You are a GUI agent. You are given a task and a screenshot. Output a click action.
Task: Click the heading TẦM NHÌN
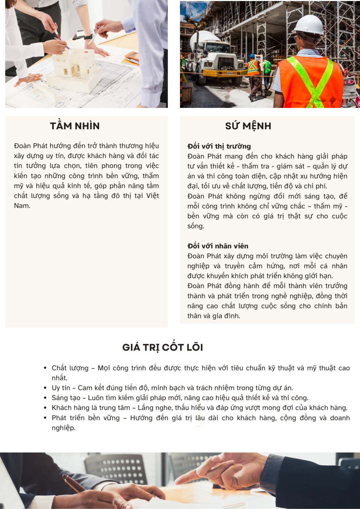tap(75, 126)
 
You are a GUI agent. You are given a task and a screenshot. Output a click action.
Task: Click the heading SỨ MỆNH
tap(248, 126)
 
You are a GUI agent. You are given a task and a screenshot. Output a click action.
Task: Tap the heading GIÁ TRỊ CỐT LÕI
tap(163, 347)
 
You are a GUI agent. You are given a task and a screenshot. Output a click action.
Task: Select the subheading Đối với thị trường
tap(219, 146)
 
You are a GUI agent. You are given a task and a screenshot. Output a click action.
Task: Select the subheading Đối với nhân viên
tap(217, 246)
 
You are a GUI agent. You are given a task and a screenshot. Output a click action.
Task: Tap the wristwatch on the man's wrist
tap(88, 36)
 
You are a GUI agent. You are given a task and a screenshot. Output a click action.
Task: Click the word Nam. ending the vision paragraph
tap(22, 206)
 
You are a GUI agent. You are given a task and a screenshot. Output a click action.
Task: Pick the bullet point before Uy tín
tap(45, 388)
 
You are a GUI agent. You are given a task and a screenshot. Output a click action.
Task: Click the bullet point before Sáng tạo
tap(45, 398)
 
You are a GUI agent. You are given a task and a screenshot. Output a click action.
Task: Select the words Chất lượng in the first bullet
tap(70, 368)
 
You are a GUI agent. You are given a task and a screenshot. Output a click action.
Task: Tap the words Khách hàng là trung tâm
tap(91, 408)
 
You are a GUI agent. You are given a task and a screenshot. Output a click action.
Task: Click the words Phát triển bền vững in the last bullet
tap(86, 418)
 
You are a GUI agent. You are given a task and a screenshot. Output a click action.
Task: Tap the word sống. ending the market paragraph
tap(195, 226)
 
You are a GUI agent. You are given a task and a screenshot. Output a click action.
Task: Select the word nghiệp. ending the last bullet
tap(63, 428)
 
